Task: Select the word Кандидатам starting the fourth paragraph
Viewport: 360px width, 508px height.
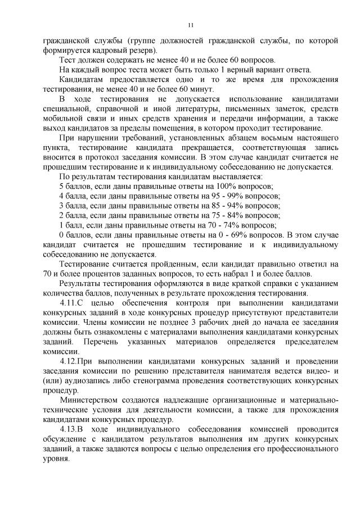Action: [x=82, y=79]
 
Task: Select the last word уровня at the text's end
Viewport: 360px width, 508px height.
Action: [x=56, y=459]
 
